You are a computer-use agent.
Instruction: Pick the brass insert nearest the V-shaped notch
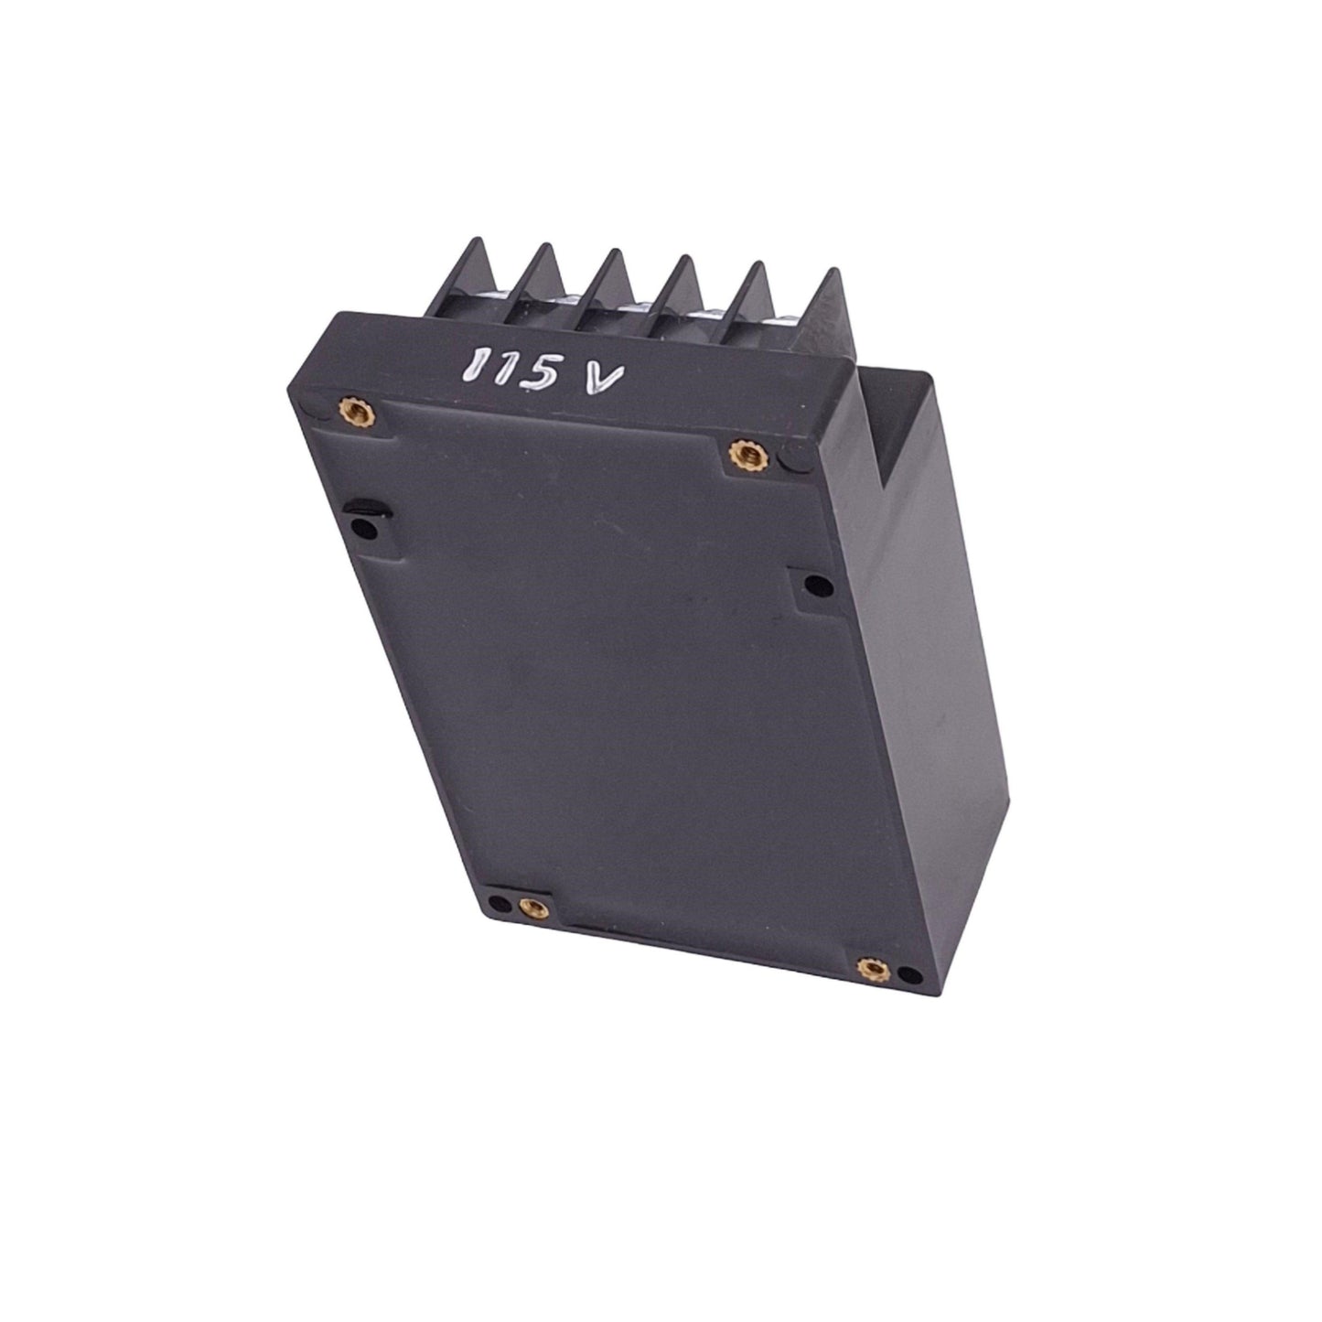tap(745, 454)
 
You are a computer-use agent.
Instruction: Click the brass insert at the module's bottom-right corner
tap(873, 968)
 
